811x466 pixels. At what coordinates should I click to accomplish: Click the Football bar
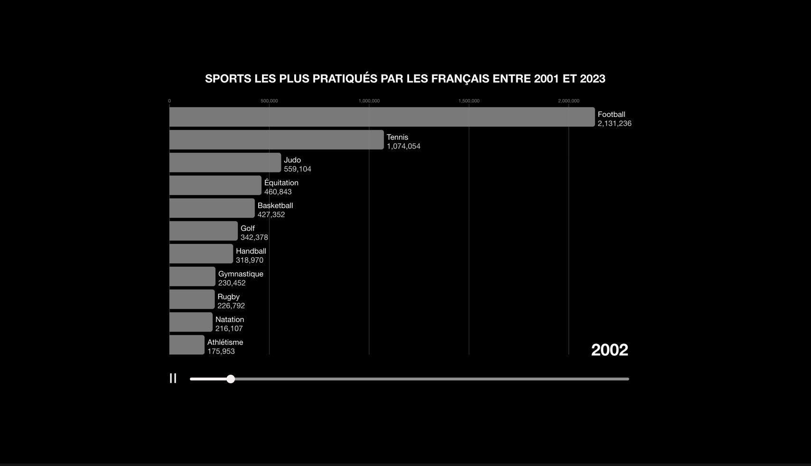click(382, 117)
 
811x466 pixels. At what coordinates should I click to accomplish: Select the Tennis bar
click(276, 140)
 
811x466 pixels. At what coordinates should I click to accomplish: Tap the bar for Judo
click(225, 162)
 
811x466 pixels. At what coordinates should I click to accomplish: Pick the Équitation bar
click(215, 185)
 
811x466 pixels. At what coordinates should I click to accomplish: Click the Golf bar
click(203, 231)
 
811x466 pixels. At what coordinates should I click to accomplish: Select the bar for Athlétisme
click(186, 345)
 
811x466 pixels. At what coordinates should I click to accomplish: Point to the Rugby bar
click(192, 299)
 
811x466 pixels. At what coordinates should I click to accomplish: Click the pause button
click(173, 378)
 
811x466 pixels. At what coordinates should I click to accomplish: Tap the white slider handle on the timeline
click(231, 379)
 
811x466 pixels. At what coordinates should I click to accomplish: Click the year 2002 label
click(609, 350)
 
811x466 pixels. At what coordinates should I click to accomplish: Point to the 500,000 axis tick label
click(269, 101)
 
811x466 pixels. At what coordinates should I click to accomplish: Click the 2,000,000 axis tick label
click(569, 101)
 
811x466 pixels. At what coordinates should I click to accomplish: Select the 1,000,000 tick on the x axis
click(369, 101)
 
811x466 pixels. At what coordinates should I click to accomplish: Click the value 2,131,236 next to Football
click(614, 124)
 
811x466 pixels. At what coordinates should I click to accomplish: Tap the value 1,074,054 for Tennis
click(403, 146)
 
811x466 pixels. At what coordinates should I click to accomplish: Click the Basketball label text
click(275, 206)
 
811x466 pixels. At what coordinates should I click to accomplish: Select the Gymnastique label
click(241, 274)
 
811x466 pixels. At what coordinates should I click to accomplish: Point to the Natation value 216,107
click(229, 329)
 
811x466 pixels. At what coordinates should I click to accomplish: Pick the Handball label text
click(251, 251)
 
